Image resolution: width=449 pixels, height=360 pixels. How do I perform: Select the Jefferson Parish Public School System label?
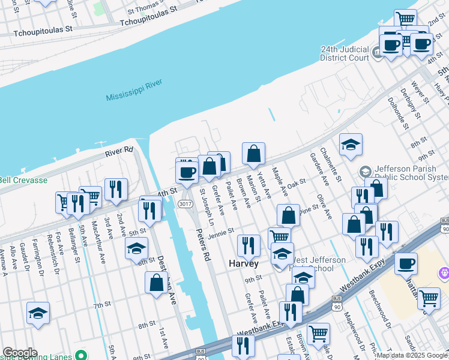tap(408, 173)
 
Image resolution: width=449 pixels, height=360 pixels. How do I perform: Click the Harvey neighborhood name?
tap(244, 263)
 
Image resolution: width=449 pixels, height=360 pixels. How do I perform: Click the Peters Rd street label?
tap(203, 244)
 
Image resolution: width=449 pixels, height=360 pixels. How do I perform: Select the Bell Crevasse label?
tap(23, 179)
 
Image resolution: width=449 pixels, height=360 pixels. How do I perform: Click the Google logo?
tap(20, 353)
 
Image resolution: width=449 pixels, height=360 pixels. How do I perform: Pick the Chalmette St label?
tap(331, 164)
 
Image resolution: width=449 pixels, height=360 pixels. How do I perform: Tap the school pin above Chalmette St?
tap(351, 145)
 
